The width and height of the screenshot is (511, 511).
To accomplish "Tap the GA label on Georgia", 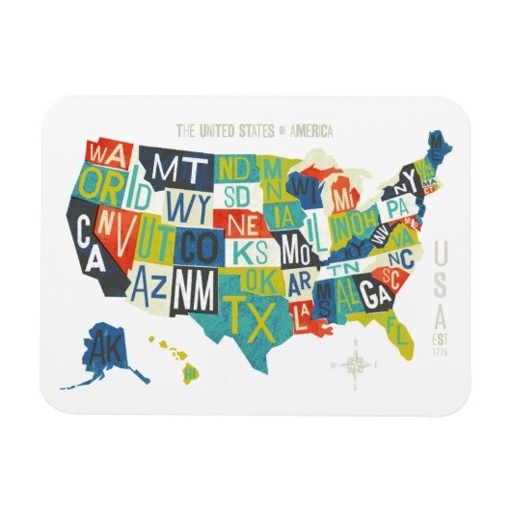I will (376, 295).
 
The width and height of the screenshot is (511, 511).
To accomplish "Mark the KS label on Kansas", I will (250, 253).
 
